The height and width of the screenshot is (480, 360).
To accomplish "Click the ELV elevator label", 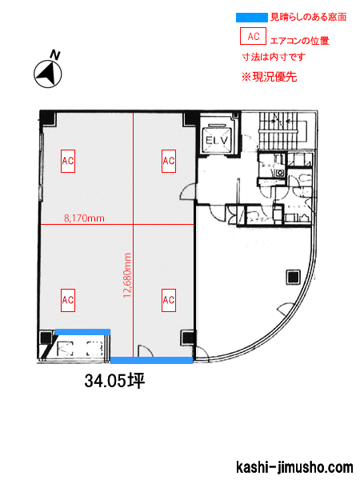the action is [x=217, y=140].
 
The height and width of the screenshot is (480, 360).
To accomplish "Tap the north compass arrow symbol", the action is [x=47, y=74].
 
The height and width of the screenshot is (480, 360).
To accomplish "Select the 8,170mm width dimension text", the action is [x=84, y=218].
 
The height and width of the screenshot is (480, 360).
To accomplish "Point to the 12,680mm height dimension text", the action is [x=127, y=275].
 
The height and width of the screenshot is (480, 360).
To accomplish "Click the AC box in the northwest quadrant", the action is [x=68, y=161].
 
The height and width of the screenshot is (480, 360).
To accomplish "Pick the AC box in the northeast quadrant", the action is [x=168, y=161].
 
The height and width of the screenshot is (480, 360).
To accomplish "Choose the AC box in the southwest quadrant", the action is [x=68, y=300].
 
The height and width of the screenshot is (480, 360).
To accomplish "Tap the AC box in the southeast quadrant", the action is [x=168, y=300].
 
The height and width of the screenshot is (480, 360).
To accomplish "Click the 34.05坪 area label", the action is [x=114, y=381].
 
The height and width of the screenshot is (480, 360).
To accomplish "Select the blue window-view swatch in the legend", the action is [x=252, y=17].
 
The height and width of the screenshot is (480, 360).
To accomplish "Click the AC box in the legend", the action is [x=253, y=36].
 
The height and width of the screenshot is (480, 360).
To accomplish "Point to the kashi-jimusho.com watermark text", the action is [x=294, y=467].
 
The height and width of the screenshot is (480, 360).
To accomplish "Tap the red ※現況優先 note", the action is [x=269, y=77].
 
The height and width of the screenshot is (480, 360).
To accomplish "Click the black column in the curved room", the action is [x=293, y=277].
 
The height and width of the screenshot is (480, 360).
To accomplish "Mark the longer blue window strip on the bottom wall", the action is [x=151, y=360].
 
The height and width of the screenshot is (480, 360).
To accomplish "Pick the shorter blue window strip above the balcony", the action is [x=82, y=332].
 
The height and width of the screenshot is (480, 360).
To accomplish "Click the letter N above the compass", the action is [x=55, y=55].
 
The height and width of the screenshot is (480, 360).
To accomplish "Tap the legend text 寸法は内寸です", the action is [x=274, y=57].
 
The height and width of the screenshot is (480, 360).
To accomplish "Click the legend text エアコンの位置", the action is [x=299, y=41].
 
